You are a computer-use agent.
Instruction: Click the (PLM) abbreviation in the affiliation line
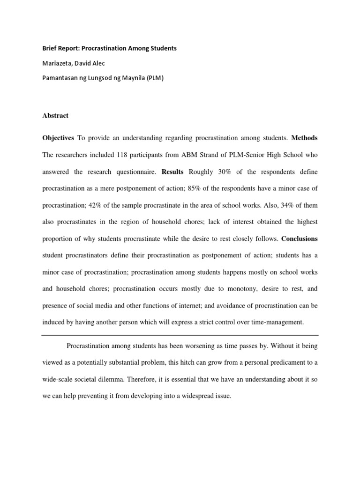[x=154, y=78]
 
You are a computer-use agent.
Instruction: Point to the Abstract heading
[x=55, y=115]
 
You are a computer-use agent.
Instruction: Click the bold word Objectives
[x=58, y=138]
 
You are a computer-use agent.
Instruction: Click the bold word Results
[x=172, y=172]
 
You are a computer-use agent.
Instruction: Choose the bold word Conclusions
[x=300, y=239]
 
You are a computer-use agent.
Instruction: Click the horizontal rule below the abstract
[x=180, y=335]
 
